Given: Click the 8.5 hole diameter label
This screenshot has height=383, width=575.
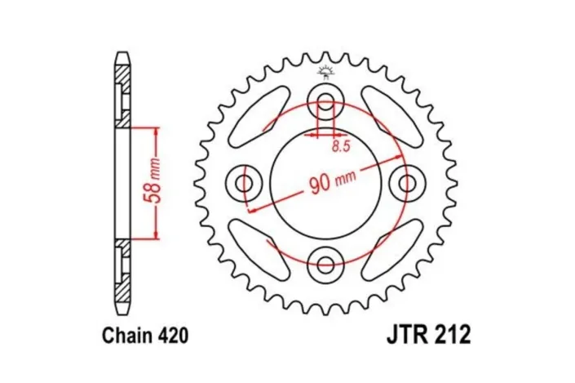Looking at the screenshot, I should (x=340, y=146).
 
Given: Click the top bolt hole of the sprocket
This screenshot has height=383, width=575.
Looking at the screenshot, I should (x=327, y=103).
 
